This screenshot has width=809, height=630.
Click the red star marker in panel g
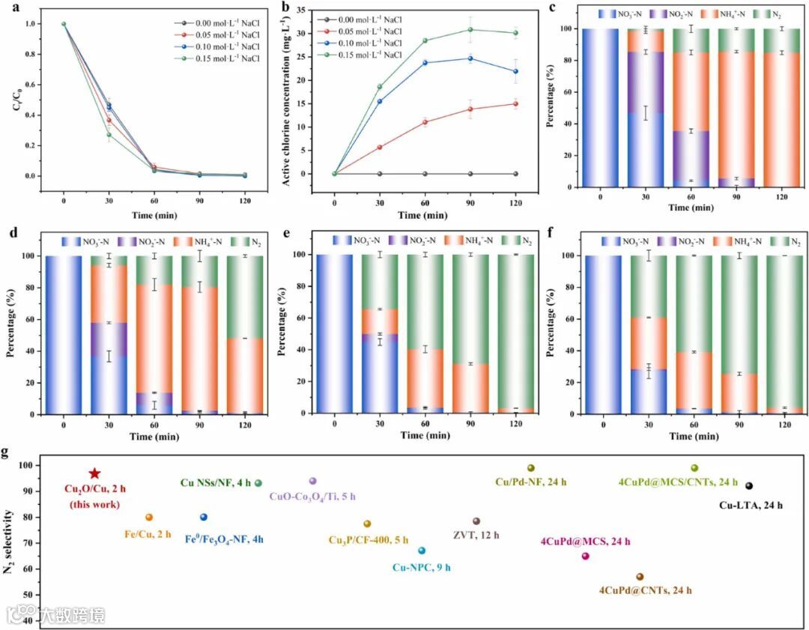click(94, 473)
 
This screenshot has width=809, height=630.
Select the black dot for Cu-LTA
click(749, 486)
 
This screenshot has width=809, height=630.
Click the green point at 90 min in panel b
click(470, 30)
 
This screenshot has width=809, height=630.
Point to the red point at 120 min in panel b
click(515, 104)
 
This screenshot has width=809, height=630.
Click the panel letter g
click(7, 454)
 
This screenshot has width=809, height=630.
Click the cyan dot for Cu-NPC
click(422, 551)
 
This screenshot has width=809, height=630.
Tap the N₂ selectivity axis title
click(9, 541)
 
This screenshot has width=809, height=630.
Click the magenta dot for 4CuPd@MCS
click(586, 556)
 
